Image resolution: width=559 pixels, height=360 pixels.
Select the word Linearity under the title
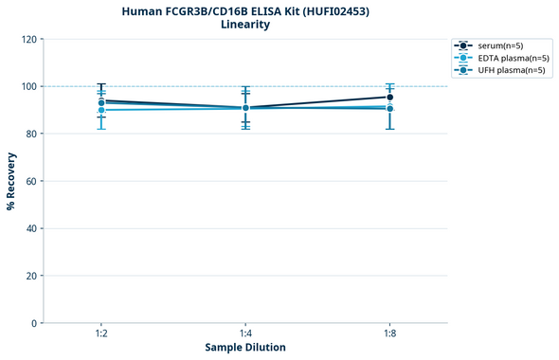[x=244, y=25]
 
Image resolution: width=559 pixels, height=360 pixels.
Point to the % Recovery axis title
[x=11, y=180]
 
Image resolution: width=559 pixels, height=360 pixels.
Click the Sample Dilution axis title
[x=244, y=348]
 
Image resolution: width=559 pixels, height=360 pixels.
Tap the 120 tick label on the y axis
[x=28, y=39]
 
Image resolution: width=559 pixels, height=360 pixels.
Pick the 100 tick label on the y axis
[x=28, y=86]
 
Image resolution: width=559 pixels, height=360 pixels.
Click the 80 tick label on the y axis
[x=31, y=134]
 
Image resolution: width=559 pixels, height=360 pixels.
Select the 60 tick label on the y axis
[x=31, y=181]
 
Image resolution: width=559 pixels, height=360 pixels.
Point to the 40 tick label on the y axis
[x=31, y=228]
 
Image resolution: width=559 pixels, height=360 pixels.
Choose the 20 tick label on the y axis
[x=31, y=276]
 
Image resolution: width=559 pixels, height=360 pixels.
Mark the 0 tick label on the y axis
[x=34, y=323]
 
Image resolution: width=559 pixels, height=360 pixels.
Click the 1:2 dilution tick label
[x=101, y=333]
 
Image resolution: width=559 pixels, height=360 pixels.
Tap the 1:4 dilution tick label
[x=245, y=333]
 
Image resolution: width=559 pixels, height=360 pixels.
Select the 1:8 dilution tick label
[x=389, y=333]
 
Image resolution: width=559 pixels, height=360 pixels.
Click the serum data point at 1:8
[x=389, y=97]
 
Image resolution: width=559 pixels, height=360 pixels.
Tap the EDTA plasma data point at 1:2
[x=101, y=110]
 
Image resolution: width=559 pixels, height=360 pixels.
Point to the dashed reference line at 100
[x=313, y=86]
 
